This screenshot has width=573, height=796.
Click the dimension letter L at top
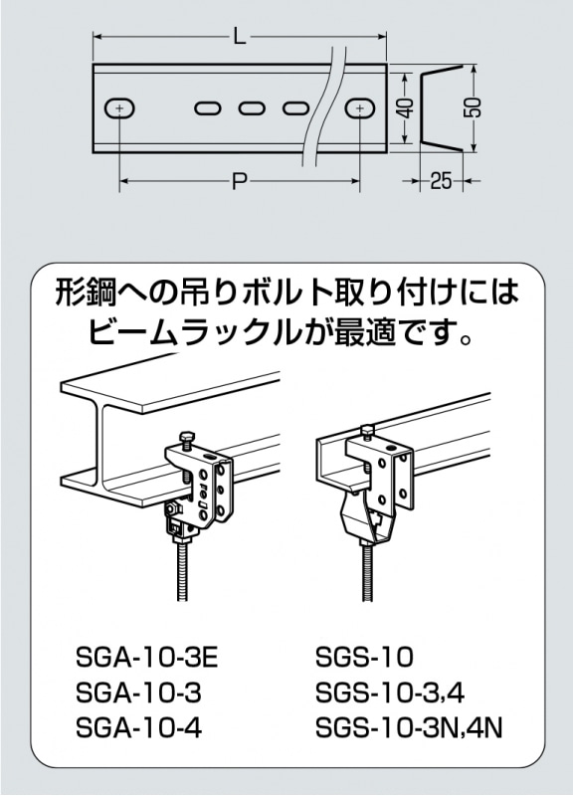pos(239,38)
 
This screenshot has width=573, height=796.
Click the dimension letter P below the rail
pos(239,182)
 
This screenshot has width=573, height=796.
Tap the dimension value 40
pos(404,108)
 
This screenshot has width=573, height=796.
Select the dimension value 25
pos(442,181)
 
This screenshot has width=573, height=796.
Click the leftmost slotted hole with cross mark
pos(120,107)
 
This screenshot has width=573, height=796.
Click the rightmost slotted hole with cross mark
pos(359,107)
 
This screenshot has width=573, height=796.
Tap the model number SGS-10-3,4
pos(391,694)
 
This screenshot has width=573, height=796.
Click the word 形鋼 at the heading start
pos(84,294)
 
